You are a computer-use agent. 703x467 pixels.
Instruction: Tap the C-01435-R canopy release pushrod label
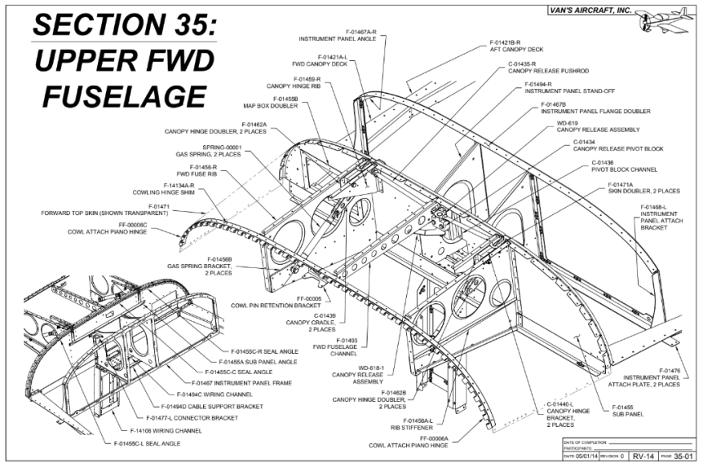539,68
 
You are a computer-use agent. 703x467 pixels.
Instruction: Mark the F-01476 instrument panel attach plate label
651,377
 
